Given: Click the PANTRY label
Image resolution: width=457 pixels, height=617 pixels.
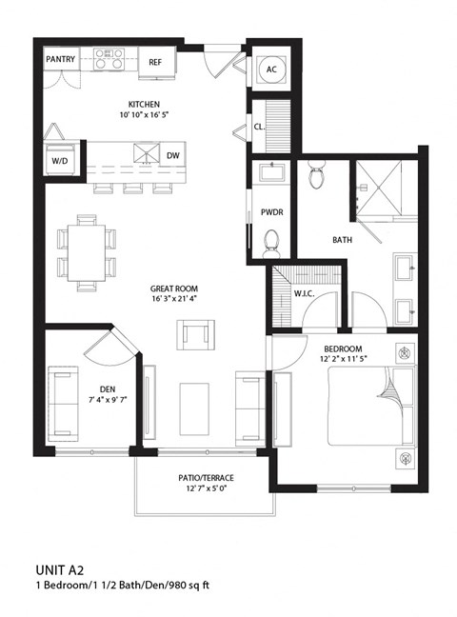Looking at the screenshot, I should click(60, 60).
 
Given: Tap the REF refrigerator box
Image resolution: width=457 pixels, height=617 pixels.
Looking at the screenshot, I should click(155, 62).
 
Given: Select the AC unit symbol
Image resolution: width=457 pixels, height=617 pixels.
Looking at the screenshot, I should click(271, 69).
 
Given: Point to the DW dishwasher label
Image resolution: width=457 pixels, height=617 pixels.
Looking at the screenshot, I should click(172, 155).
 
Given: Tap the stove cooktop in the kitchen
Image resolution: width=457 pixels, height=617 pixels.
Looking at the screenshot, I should click(109, 60).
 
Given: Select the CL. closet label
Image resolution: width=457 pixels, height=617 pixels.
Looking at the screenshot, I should click(259, 126).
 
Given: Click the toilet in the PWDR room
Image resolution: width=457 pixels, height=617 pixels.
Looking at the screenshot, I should click(272, 242).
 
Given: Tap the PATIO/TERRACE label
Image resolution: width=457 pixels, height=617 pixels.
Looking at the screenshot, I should click(203, 477).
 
